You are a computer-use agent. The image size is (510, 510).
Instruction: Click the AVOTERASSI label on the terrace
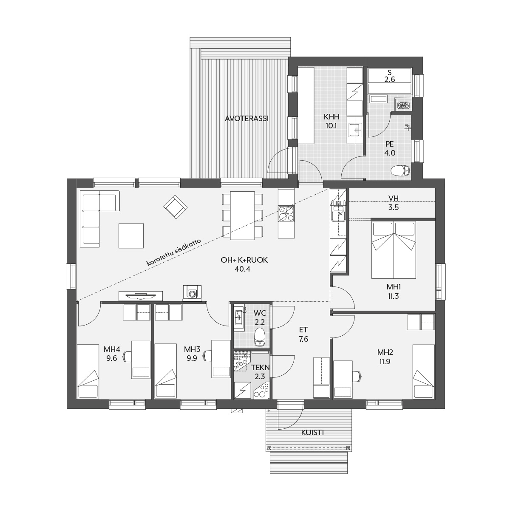click(x=246, y=119)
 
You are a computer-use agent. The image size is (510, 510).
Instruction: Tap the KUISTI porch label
click(x=312, y=433)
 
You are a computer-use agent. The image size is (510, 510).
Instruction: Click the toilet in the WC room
click(x=259, y=337)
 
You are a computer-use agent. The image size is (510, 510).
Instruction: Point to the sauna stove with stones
click(x=403, y=105)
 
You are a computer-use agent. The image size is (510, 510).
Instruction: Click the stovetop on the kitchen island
click(x=286, y=213)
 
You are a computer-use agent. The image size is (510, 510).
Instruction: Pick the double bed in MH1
click(x=394, y=250)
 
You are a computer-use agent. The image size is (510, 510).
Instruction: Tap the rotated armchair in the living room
click(x=175, y=207)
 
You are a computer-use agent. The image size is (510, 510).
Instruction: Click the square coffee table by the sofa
click(x=131, y=235)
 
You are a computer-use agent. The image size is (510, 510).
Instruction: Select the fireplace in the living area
click(x=192, y=292)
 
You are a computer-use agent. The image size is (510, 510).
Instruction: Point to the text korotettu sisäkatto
click(x=174, y=252)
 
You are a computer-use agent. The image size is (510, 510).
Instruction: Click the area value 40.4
click(x=242, y=269)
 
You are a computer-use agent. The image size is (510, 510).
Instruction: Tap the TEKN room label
click(x=261, y=367)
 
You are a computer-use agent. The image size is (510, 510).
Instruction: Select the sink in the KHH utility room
click(x=354, y=130)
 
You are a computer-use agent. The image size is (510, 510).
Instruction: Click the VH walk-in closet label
click(x=394, y=198)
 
